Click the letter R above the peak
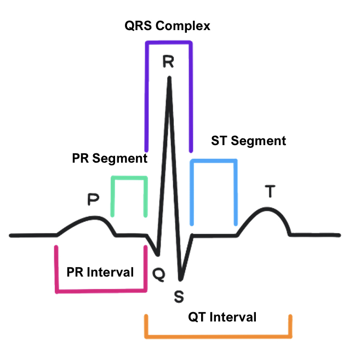coord(168,61)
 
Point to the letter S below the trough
coord(179,296)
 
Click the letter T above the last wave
coord(270,192)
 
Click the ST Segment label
coord(248,141)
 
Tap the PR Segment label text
coord(110,159)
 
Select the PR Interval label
coord(100,272)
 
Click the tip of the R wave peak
coord(169,78)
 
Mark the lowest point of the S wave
coord(180,278)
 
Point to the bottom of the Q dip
coord(158,255)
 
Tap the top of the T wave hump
coord(267,209)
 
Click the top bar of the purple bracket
coord(168,42)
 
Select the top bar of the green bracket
coord(129,177)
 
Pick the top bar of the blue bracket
coord(214,160)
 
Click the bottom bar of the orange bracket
coord(218,335)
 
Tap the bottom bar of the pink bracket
coord(101,290)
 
